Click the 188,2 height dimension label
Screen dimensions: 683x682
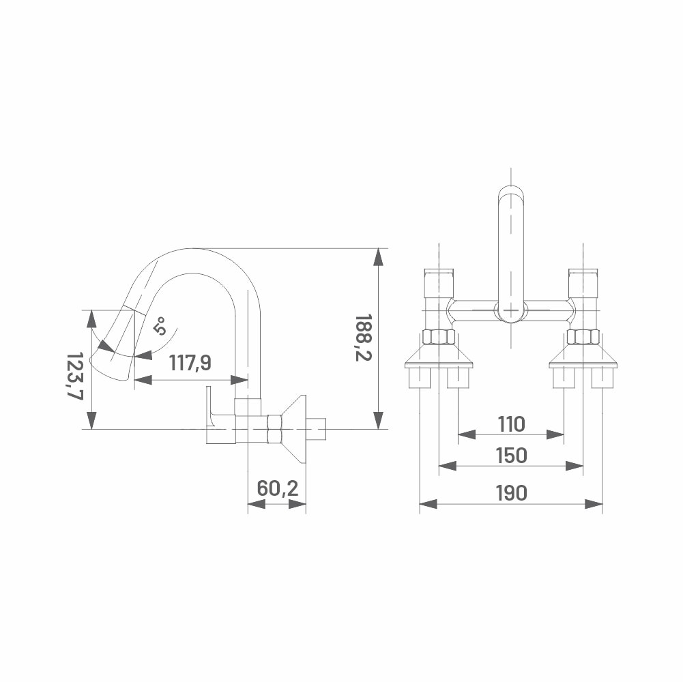click(x=362, y=338)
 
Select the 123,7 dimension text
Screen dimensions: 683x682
click(x=74, y=375)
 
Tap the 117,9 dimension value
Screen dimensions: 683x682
click(x=190, y=362)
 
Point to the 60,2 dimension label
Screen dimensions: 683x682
click(x=278, y=488)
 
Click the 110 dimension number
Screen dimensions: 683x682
click(x=511, y=424)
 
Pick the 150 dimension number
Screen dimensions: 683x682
click(x=511, y=456)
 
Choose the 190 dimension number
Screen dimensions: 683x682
click(x=511, y=493)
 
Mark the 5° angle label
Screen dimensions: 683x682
click(x=160, y=326)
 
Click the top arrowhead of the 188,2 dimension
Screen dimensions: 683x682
click(x=379, y=257)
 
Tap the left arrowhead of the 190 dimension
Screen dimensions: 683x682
click(x=428, y=504)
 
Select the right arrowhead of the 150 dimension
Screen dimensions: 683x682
click(x=575, y=466)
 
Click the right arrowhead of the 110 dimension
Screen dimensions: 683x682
click(x=555, y=434)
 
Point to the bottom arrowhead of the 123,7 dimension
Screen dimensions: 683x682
click(x=91, y=421)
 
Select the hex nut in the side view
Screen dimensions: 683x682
click(x=275, y=430)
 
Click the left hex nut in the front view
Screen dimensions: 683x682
click(x=439, y=338)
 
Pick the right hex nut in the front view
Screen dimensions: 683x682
click(x=583, y=338)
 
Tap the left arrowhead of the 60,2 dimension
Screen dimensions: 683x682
click(x=257, y=504)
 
